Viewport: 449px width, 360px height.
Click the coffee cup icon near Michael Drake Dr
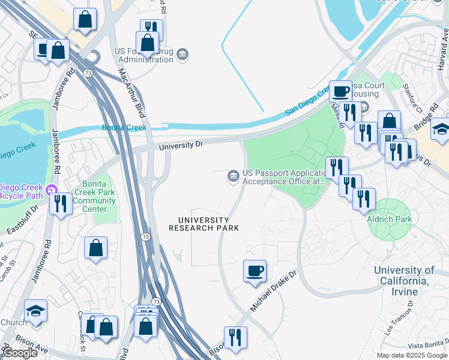255,271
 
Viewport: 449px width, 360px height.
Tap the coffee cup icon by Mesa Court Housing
340,91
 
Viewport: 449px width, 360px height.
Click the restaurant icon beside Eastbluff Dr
60,203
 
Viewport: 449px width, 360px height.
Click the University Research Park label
203,224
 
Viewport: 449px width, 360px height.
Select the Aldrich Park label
388,220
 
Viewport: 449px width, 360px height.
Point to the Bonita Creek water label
124,128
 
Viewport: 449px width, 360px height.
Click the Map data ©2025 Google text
411,355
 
